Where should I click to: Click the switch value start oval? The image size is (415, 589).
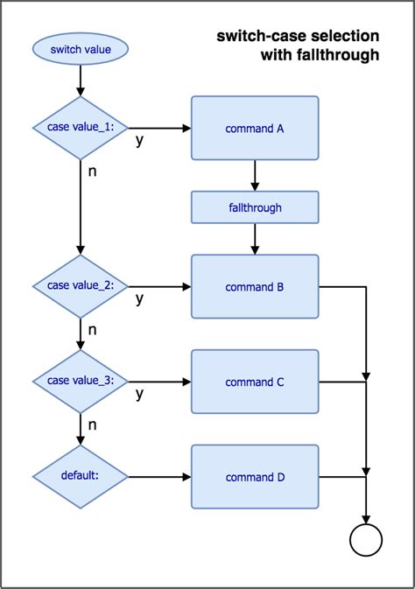80,49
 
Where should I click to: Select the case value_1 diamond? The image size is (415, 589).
80,128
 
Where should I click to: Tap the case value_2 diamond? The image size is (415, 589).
80,286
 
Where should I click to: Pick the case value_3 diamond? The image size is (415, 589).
80,382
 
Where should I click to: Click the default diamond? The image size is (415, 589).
80,477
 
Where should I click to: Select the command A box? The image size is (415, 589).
255,128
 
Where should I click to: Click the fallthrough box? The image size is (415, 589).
255,208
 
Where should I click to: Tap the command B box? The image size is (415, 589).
255,286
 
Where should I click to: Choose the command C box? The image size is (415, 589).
255,382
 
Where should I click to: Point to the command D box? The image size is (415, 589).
255,477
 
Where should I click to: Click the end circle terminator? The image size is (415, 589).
365,541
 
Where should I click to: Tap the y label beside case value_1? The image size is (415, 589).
139,141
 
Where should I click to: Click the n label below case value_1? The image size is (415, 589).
93,171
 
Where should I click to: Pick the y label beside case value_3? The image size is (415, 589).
139,395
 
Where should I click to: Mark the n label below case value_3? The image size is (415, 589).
93,425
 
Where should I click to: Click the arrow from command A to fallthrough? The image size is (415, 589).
255,175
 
